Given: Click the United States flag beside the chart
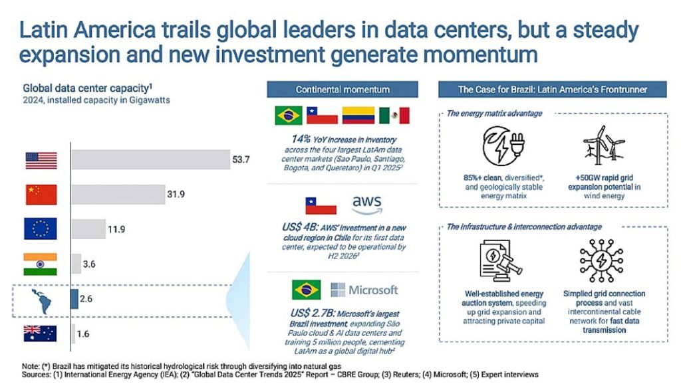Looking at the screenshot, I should [x=41, y=160].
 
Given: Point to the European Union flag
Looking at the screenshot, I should [x=41, y=229].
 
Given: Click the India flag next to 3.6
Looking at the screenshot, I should [x=41, y=264].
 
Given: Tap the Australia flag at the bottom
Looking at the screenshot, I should [x=41, y=334].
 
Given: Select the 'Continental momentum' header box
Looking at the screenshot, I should [x=342, y=90].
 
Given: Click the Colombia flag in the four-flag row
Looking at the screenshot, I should [x=358, y=116].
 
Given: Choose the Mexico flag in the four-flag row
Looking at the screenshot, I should [x=394, y=116].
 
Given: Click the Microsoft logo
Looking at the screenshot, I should [x=364, y=290].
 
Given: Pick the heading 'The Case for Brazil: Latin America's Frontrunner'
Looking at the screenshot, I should [x=552, y=90].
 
